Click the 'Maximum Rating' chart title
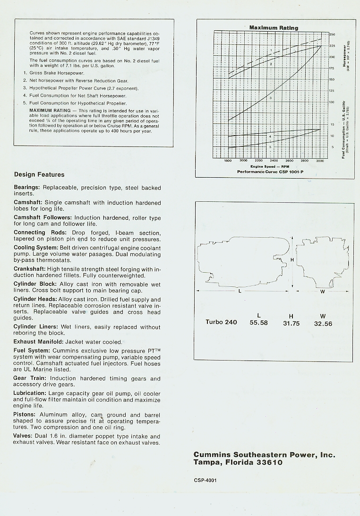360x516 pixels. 274,28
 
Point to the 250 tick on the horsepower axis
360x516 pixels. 332,35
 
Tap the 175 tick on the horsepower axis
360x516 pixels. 332,69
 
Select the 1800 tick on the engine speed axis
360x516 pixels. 228,161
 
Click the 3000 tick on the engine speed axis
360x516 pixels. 320,161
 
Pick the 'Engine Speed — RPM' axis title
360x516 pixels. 270,166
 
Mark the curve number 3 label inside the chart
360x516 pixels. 270,97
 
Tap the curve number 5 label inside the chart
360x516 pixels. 270,147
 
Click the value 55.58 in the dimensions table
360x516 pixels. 258,323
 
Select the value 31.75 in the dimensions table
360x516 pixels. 291,323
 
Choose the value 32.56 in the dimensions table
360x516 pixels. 323,324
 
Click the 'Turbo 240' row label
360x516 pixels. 221,322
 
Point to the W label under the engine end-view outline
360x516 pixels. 323,291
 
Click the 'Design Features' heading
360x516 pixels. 39,175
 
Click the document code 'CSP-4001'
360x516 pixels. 205,480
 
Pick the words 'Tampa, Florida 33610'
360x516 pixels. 238,463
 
